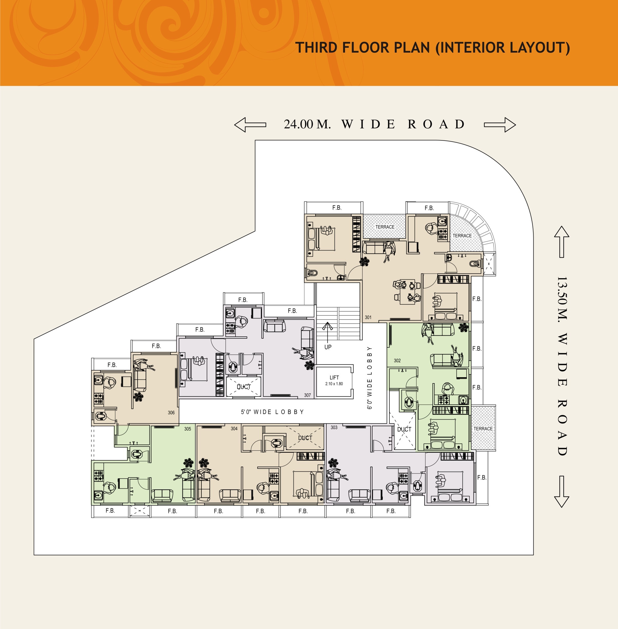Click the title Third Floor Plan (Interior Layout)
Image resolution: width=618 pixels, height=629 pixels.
click(x=432, y=47)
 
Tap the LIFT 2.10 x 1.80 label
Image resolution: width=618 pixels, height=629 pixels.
click(x=334, y=380)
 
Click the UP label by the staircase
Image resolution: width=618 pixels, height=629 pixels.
click(x=328, y=347)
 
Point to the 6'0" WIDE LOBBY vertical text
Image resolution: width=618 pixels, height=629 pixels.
click(x=369, y=378)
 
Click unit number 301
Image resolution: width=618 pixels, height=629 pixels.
click(x=368, y=317)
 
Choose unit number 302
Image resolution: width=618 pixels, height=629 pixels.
click(x=397, y=361)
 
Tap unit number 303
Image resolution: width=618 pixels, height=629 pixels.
click(x=334, y=427)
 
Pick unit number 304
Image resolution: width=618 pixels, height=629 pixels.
click(x=234, y=429)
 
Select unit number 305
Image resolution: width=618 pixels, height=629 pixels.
click(x=188, y=429)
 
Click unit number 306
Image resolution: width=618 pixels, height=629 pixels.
click(x=171, y=413)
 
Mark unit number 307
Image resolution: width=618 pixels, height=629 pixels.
click(x=307, y=395)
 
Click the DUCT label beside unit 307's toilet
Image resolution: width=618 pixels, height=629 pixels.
click(x=244, y=386)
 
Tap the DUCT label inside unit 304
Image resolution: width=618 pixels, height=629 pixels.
click(x=305, y=438)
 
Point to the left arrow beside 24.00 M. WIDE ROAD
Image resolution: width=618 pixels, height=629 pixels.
click(x=250, y=125)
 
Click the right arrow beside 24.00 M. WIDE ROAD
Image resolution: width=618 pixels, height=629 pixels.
click(x=500, y=125)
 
